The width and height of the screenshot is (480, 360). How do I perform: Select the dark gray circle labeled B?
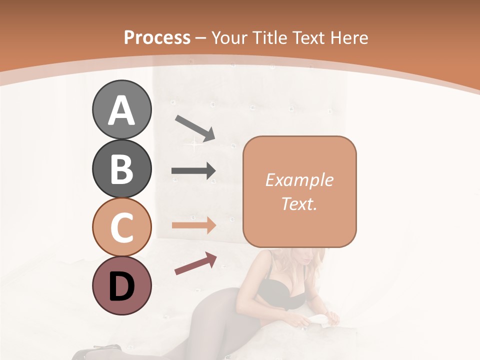point(121,168)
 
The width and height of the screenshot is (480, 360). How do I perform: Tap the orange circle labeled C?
point(121,227)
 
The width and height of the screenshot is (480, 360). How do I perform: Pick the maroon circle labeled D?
point(121,285)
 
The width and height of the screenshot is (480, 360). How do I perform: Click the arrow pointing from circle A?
point(195,128)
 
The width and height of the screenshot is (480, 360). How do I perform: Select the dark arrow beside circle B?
point(193,171)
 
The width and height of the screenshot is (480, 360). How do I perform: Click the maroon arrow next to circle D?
point(195,264)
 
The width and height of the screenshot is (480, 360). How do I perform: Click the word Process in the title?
point(157,37)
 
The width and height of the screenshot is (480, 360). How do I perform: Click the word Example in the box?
point(299,180)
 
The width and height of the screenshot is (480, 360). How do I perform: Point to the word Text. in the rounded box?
point(299,203)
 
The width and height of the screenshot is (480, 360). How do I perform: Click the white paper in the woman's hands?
point(320,318)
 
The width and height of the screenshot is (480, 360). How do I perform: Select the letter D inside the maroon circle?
point(121,286)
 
